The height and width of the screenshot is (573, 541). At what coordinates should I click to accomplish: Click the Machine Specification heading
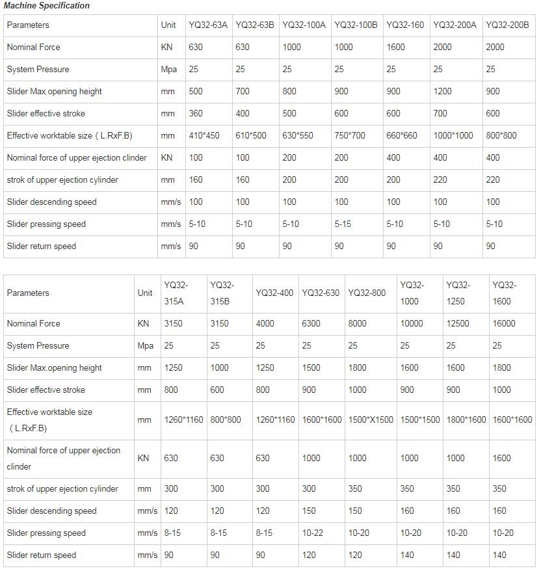click(47, 6)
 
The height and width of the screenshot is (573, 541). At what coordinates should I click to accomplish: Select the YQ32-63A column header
click(208, 25)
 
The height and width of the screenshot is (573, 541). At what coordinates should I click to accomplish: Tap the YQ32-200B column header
click(507, 25)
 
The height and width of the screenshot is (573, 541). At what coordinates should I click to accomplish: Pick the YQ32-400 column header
click(275, 293)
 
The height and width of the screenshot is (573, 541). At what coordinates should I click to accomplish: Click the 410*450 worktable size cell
click(204, 136)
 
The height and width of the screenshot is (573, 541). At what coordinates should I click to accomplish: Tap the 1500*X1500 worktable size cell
click(371, 420)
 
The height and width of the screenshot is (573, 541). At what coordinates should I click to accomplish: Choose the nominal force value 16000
click(504, 324)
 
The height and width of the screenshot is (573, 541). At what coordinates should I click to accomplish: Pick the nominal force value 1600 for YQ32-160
click(395, 47)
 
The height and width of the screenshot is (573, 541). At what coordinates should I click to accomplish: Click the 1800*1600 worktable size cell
click(466, 420)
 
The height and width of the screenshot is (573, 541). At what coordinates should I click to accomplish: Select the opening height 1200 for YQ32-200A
click(442, 92)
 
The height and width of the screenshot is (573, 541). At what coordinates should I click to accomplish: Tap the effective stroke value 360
click(196, 114)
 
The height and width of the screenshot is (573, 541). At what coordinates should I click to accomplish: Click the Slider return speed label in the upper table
click(42, 247)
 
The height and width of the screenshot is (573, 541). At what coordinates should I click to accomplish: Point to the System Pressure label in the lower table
click(38, 346)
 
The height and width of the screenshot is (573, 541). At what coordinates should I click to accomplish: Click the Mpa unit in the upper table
click(169, 70)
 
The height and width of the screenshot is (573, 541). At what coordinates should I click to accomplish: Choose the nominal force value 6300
click(311, 324)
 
